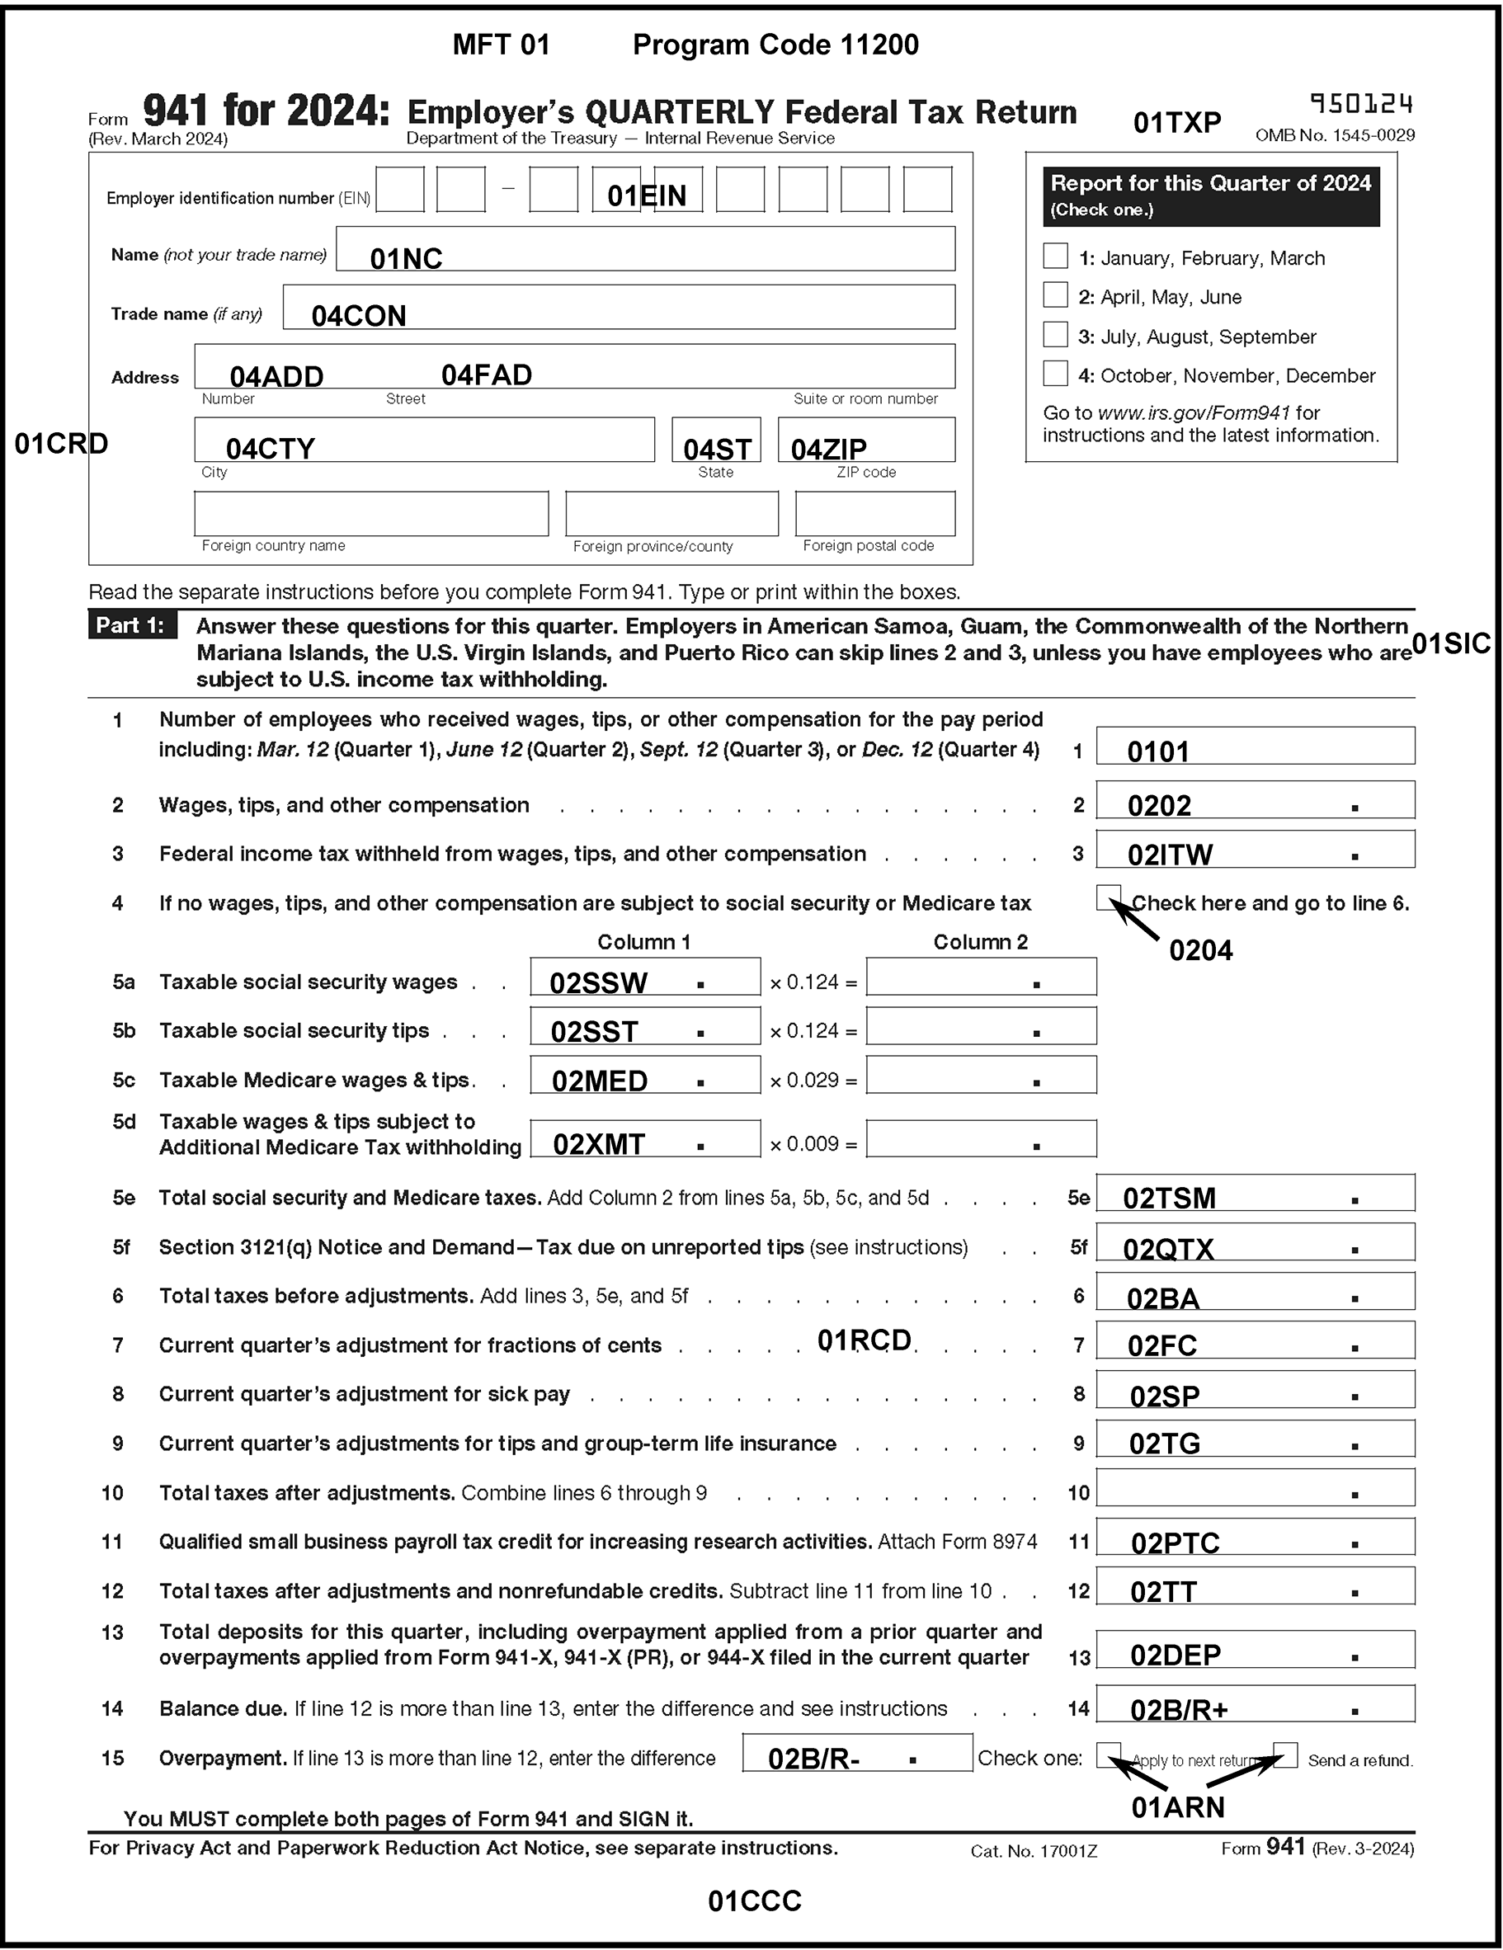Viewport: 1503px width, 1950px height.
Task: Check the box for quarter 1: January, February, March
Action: [1055, 257]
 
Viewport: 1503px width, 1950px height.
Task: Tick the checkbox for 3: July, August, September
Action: [1055, 335]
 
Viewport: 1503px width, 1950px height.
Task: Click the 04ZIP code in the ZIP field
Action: [828, 448]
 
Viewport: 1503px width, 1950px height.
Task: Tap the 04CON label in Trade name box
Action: [358, 316]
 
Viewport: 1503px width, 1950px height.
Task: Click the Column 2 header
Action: [980, 942]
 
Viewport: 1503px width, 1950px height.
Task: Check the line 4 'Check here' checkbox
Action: [1107, 897]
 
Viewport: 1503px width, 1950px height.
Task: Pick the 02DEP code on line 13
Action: [1175, 1656]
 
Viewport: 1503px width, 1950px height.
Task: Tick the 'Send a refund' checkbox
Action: [1285, 1755]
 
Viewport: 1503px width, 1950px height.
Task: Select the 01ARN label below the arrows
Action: [1177, 1807]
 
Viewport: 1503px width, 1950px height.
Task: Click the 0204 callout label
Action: [1200, 951]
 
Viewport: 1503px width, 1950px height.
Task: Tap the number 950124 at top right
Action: [1361, 106]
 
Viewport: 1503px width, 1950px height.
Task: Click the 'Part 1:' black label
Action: [132, 625]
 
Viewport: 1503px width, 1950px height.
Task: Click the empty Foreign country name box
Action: [370, 513]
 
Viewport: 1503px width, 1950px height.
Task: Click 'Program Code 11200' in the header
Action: [775, 45]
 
